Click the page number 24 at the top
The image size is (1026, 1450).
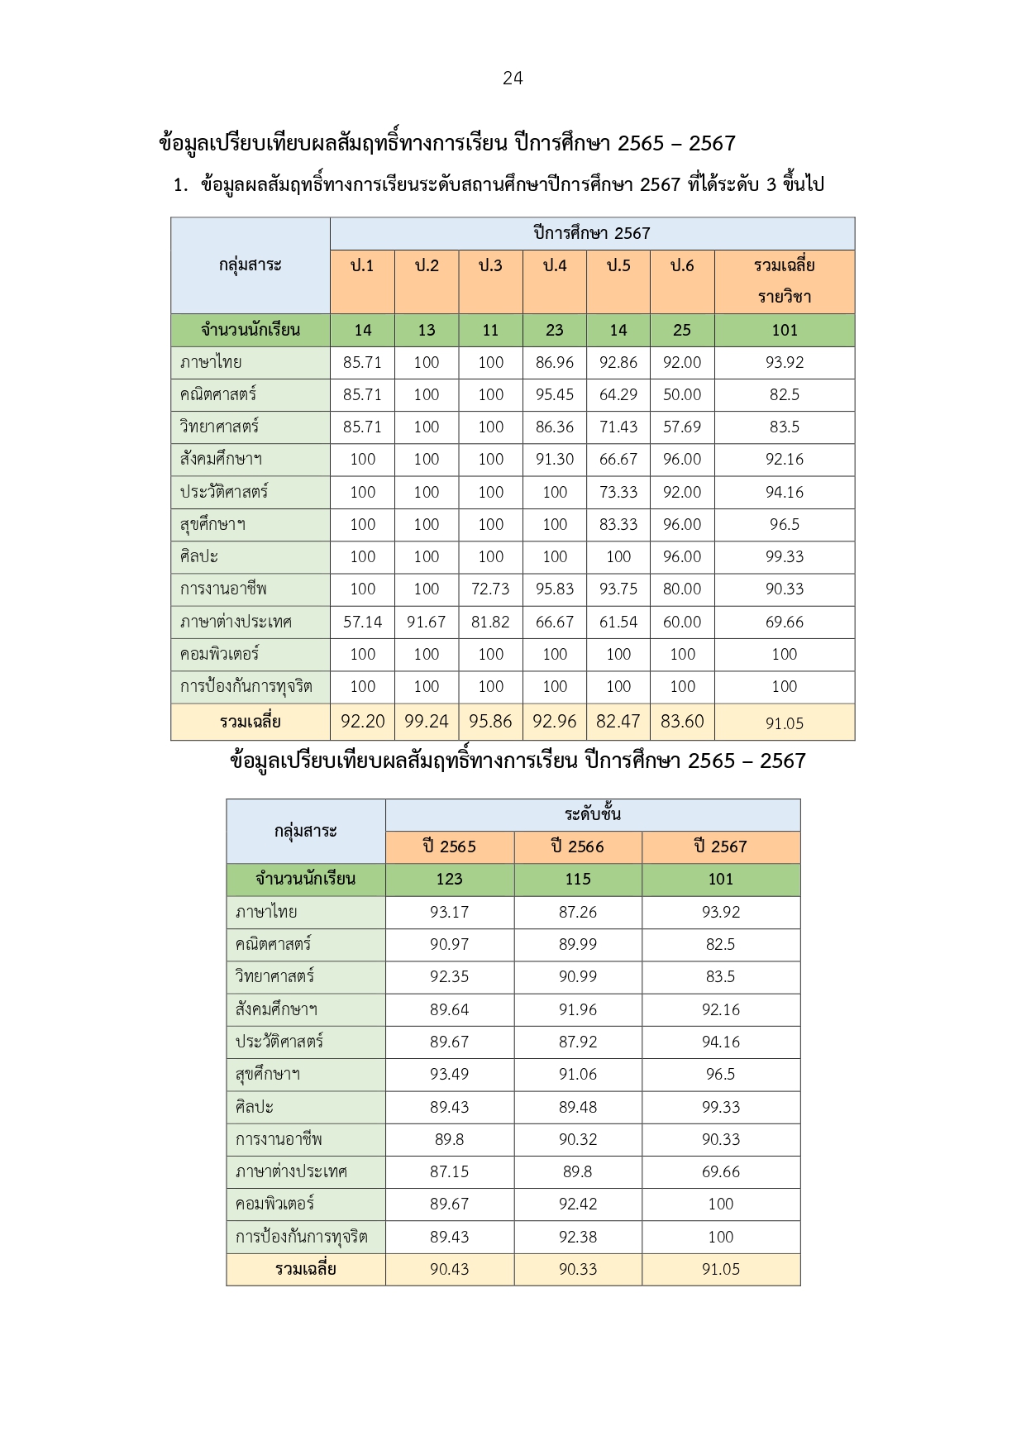513,79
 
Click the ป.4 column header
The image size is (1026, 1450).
555,265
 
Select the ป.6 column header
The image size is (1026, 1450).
682,265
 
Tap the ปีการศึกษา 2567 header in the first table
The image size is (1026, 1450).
592,233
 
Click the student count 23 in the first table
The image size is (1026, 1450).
555,331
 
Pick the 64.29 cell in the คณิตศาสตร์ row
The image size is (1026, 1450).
618,394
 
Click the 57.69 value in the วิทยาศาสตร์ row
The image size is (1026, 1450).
682,427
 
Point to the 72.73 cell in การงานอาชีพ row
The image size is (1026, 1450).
490,589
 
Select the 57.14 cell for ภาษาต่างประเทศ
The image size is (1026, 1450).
362,622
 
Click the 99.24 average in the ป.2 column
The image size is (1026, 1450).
427,721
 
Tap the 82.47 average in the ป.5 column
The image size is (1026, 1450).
618,721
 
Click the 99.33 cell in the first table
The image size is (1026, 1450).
784,556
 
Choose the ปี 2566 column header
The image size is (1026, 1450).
578,847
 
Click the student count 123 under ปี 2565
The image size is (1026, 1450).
449,879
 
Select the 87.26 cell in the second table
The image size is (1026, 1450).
578,912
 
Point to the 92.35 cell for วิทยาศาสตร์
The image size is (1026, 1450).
449,976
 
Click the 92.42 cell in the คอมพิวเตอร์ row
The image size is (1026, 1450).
578,1204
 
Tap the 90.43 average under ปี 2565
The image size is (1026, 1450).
449,1269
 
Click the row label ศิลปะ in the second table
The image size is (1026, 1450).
255,1107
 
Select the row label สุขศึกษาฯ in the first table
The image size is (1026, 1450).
212,524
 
